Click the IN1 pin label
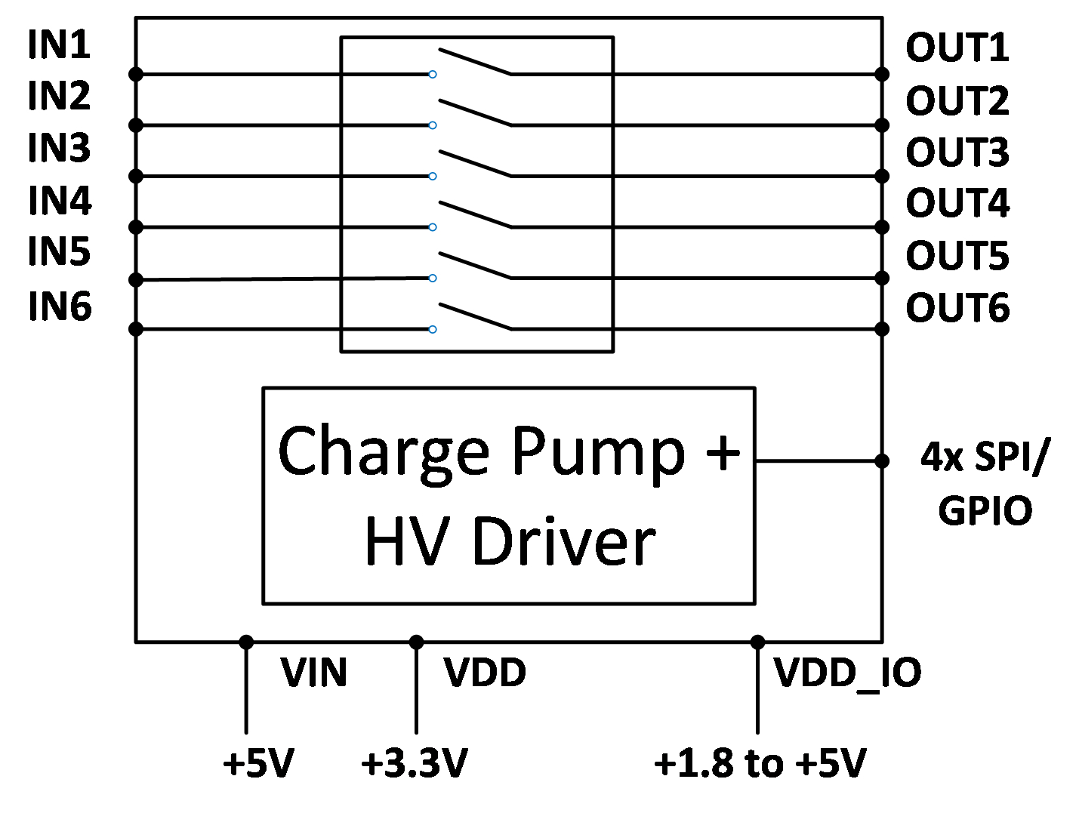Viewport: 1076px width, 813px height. coord(59,45)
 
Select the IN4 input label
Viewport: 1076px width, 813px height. coord(60,201)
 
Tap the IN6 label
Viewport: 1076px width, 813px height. coord(60,307)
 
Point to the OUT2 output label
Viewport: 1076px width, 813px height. coord(957,100)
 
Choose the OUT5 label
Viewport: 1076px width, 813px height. coord(957,256)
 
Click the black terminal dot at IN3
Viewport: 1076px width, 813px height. coord(136,176)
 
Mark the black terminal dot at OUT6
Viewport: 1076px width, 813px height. coord(882,328)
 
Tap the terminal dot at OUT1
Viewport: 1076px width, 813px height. coord(882,74)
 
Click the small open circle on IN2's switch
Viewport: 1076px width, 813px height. coord(433,125)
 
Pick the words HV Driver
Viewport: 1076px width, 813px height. coord(510,541)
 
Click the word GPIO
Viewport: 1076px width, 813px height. coord(985,511)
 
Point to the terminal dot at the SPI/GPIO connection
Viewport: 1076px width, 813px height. coord(882,460)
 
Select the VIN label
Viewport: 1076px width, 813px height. coord(313,673)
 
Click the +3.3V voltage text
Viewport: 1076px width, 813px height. coord(415,763)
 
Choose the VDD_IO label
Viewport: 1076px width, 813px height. coord(847,673)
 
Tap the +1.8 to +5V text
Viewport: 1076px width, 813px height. coord(760,763)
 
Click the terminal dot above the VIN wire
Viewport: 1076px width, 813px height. coord(246,642)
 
